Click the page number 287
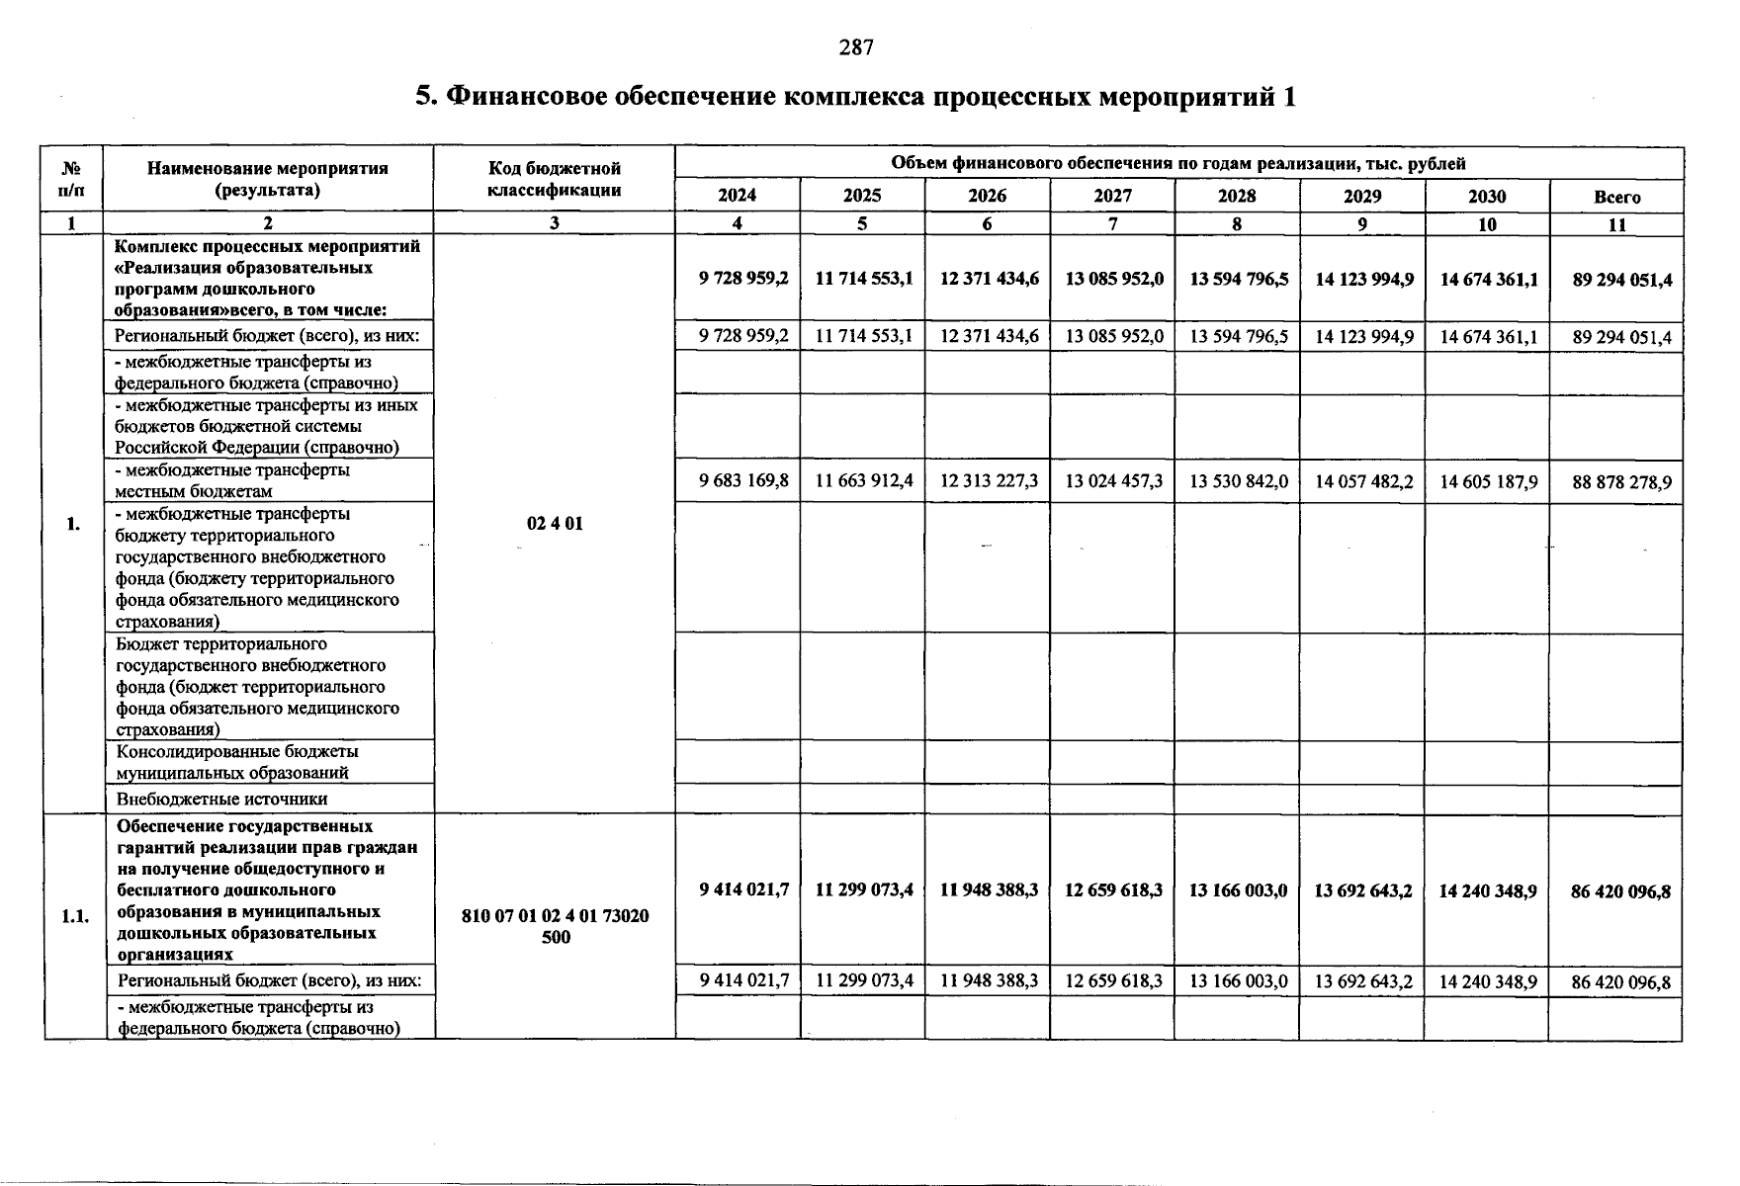click(856, 47)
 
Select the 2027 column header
click(1112, 196)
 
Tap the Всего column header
click(1616, 197)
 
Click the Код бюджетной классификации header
click(554, 179)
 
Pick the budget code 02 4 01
click(555, 523)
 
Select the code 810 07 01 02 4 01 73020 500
click(555, 926)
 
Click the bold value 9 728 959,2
click(743, 279)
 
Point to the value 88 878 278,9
click(1621, 482)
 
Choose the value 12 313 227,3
click(989, 481)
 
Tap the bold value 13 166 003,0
click(1239, 890)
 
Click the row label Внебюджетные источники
click(221, 799)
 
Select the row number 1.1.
click(74, 916)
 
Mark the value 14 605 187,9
click(1488, 481)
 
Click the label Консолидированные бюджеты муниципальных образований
click(237, 762)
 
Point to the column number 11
click(1616, 224)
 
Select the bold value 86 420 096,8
click(1621, 891)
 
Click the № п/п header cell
click(73, 178)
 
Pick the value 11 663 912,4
click(863, 481)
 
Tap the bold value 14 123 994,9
click(1363, 279)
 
